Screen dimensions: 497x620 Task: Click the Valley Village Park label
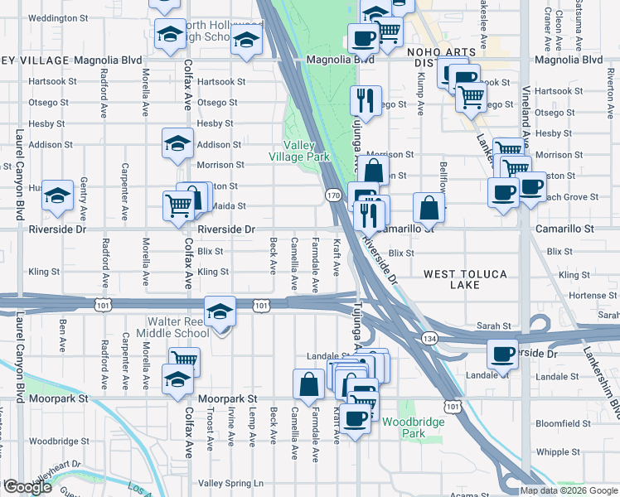[300, 151]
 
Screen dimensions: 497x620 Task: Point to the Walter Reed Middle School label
[179, 327]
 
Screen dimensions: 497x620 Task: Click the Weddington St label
[51, 17]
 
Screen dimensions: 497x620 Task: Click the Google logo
[27, 487]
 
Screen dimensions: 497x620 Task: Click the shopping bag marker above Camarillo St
[430, 207]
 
